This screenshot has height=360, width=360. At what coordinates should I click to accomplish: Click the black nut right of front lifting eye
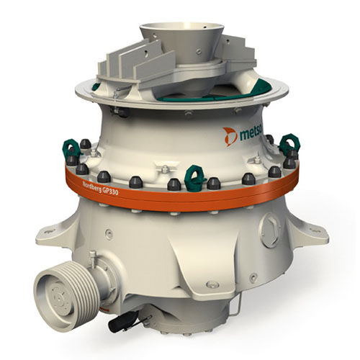[x=214, y=184]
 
